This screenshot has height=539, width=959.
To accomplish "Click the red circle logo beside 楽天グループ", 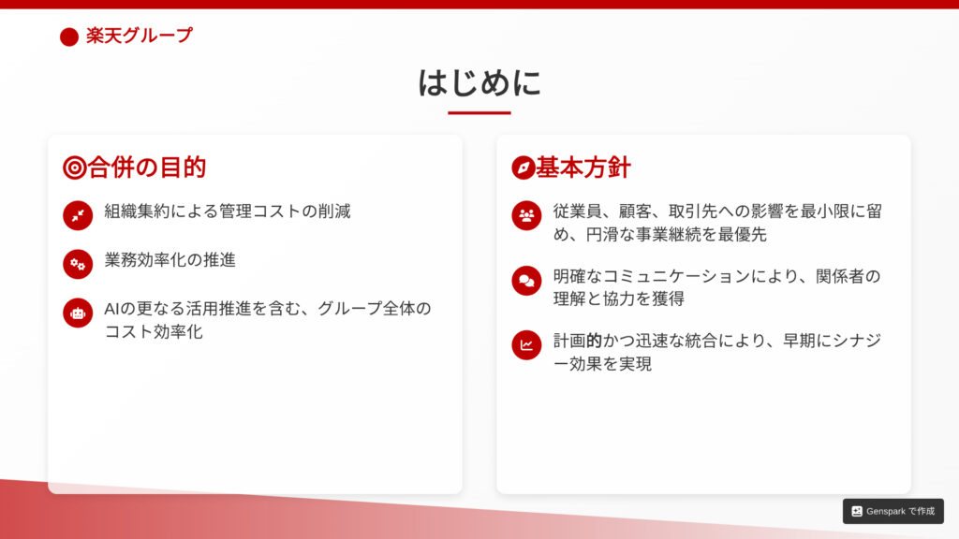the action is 69,36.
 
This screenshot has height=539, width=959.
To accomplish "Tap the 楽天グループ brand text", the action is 140,36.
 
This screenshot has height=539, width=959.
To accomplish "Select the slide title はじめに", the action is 479,82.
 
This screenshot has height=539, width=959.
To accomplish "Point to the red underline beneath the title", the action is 479,112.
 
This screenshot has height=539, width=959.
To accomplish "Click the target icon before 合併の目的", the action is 75,168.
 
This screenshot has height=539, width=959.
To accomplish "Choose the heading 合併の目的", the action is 147,168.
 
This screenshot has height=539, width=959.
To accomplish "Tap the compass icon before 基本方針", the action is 524,168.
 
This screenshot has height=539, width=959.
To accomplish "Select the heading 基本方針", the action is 583,168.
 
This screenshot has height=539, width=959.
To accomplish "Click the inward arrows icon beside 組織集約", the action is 78,216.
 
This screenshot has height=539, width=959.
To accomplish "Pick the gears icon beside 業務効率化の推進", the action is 78,264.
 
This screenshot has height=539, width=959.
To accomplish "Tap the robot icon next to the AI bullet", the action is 78,313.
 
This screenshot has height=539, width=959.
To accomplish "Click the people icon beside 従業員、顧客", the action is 526,216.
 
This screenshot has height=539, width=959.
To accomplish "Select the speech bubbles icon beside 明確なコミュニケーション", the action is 526,281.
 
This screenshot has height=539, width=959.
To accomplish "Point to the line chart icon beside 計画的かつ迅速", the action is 526,345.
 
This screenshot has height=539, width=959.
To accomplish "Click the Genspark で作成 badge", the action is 893,511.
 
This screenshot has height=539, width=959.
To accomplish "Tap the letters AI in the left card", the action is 111,309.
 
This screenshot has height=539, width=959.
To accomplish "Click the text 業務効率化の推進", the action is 170,260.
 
